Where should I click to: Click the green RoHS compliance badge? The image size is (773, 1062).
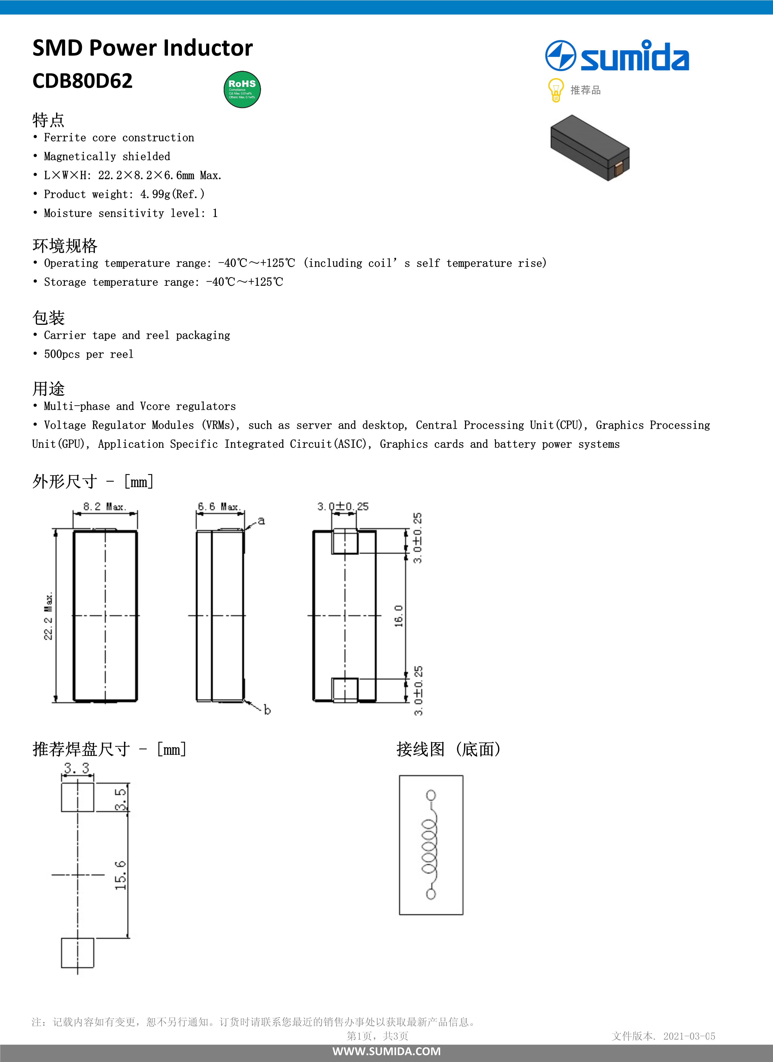coord(242,89)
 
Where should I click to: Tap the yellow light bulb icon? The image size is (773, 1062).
coord(555,90)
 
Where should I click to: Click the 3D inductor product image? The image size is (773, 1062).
coord(590,147)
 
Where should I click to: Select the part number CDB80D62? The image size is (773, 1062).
coord(82,81)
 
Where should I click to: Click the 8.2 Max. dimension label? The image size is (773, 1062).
coord(105,507)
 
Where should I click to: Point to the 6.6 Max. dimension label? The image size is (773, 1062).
coord(219,507)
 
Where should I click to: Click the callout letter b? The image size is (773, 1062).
coord(267,710)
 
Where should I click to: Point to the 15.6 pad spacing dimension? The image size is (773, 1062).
coord(120,875)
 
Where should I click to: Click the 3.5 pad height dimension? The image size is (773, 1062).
coord(120,799)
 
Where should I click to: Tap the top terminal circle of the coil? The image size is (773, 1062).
coord(431,795)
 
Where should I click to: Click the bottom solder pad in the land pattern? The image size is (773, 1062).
coord(77,952)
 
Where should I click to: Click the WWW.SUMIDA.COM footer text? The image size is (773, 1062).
coord(386,1051)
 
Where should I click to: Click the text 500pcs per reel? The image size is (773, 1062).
coord(89,355)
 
